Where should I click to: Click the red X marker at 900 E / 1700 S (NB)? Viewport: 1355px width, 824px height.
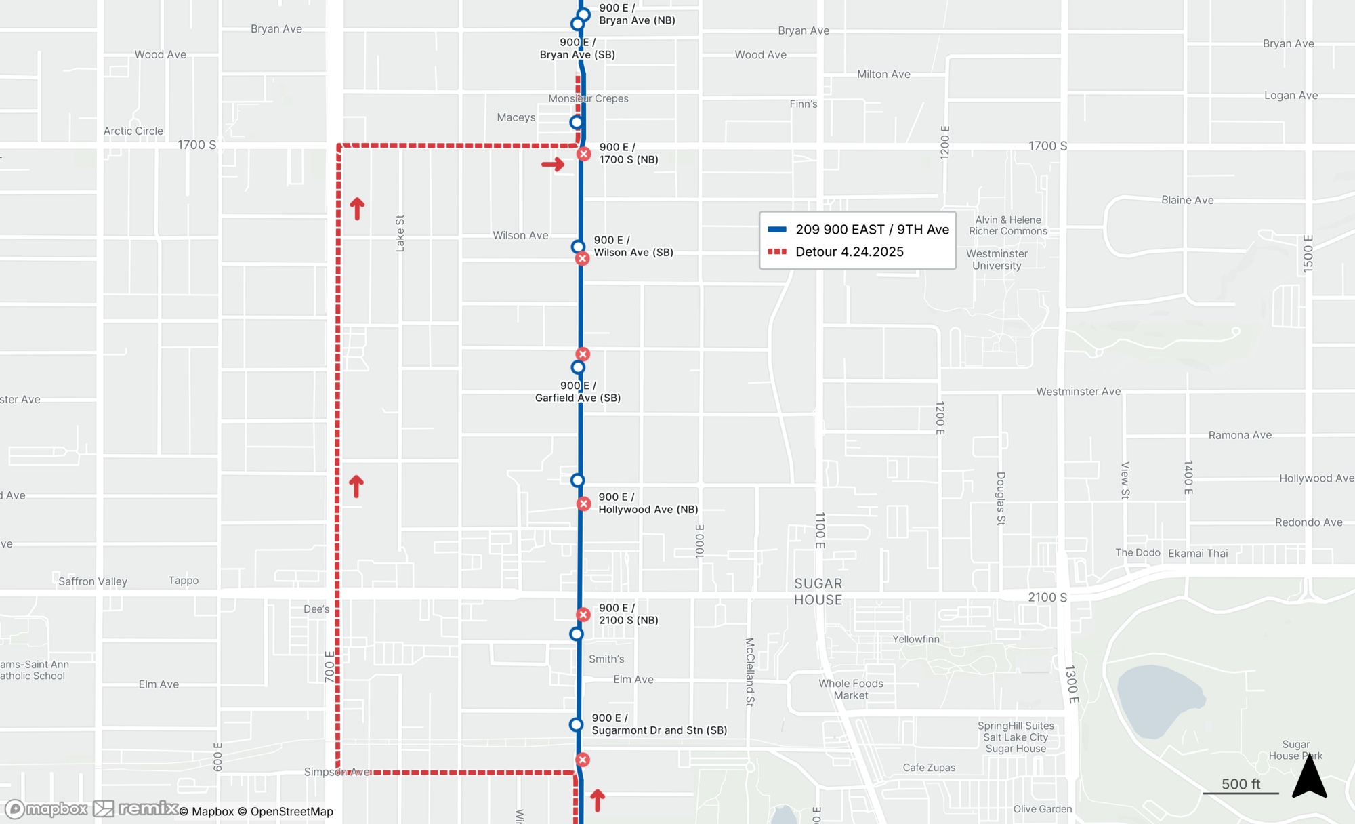click(583, 154)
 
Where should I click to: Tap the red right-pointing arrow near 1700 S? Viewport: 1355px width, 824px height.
click(553, 164)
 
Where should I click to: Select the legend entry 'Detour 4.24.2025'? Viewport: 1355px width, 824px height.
click(849, 252)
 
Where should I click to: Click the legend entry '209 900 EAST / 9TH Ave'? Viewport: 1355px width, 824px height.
click(872, 230)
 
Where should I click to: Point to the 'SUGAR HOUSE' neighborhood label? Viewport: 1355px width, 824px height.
click(818, 592)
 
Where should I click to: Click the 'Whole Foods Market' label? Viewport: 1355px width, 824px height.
click(850, 689)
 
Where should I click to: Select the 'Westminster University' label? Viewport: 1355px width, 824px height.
click(997, 260)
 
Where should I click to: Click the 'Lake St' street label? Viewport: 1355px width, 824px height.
click(400, 233)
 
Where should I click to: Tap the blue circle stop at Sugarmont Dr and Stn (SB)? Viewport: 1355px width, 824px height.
click(576, 724)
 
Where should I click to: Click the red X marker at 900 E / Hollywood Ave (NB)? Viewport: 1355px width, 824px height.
click(583, 503)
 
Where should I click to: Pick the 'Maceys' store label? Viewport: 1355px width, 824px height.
click(516, 117)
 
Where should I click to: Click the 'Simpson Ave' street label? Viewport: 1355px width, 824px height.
click(337, 772)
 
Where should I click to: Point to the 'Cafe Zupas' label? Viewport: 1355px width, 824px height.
click(929, 768)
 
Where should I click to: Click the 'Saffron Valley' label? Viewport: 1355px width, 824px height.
click(93, 581)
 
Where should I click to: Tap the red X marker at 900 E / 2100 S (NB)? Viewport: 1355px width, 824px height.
click(583, 615)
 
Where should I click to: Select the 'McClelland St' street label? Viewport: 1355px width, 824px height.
click(749, 672)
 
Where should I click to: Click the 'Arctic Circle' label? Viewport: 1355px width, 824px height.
click(133, 131)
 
